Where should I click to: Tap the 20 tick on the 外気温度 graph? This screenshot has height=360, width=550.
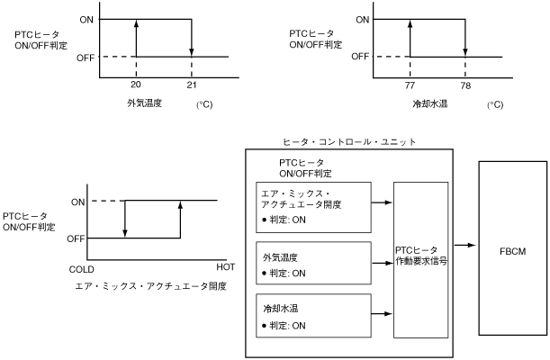point(136,84)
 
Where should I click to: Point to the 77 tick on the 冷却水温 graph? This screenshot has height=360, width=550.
point(410,84)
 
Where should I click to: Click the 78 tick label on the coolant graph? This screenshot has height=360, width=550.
point(465,84)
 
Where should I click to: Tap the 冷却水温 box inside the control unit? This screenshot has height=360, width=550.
point(313,313)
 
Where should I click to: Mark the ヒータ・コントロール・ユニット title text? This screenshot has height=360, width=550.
point(349,142)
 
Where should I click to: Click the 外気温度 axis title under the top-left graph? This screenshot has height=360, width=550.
point(144,103)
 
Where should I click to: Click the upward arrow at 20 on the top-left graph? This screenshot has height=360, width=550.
point(135,38)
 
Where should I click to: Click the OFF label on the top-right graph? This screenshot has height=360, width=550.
point(359,57)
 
